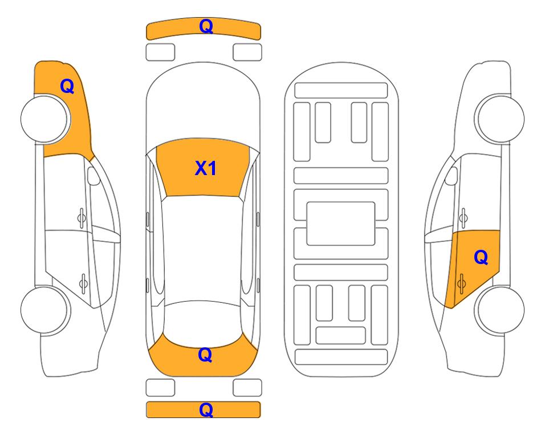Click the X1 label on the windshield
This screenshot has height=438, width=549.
[206, 168]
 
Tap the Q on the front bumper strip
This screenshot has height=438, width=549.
[206, 26]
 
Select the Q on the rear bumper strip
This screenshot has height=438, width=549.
[206, 409]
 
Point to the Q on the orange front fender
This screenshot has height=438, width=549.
[67, 86]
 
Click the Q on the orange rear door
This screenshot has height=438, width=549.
[481, 258]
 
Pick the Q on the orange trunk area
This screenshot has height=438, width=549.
[205, 355]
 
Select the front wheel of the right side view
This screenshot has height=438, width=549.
[499, 119]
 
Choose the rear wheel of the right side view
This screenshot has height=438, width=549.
[499, 310]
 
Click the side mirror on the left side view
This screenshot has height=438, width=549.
[93, 176]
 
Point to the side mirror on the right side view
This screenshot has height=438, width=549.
[452, 176]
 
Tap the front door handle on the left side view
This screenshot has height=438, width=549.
[82, 218]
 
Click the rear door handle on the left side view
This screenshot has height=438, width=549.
[83, 283]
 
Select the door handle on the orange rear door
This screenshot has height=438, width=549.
[461, 283]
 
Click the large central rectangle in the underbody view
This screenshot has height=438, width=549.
[341, 224]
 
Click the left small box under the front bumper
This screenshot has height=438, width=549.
[160, 52]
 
